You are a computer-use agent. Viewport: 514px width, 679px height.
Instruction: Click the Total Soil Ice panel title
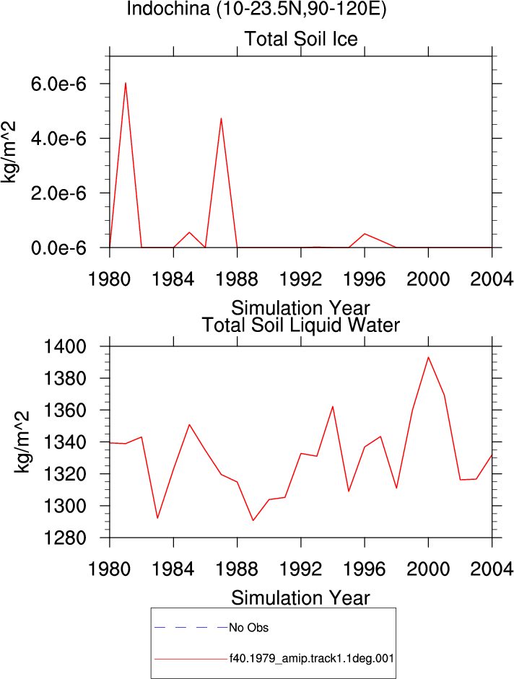(x=301, y=39)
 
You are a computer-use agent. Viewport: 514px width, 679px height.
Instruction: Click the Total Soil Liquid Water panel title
(x=301, y=325)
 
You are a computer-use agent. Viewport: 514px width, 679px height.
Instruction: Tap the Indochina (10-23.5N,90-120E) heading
(x=256, y=9)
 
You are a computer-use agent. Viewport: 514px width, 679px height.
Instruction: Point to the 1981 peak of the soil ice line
(x=126, y=83)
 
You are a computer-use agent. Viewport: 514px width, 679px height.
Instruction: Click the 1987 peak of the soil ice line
(x=221, y=118)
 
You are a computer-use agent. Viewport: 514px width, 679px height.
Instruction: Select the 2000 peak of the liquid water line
(x=428, y=357)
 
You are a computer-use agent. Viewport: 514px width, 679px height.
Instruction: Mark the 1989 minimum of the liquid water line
(x=253, y=520)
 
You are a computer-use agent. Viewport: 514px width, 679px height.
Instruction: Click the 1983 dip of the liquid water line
(x=157, y=518)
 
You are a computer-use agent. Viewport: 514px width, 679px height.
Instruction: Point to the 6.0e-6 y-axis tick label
(x=58, y=84)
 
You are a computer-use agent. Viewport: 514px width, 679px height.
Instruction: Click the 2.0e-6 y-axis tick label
(x=58, y=193)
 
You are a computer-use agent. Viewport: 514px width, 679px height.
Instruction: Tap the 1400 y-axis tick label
(x=65, y=346)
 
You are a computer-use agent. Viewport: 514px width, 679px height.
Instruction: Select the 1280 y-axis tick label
(x=65, y=538)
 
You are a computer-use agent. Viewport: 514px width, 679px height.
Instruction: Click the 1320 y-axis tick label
(x=65, y=474)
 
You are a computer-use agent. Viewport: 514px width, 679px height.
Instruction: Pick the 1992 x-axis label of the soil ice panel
(x=301, y=279)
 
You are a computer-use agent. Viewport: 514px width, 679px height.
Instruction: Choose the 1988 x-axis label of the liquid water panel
(x=237, y=569)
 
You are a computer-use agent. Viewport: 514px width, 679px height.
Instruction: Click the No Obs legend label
(x=249, y=628)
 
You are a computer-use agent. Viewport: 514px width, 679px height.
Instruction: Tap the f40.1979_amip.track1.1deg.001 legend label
(x=312, y=659)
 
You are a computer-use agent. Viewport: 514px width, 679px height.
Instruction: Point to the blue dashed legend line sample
(x=191, y=628)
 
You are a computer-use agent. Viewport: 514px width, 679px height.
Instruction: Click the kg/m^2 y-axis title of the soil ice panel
(x=8, y=152)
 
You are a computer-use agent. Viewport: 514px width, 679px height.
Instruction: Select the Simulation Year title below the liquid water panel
(x=301, y=598)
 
